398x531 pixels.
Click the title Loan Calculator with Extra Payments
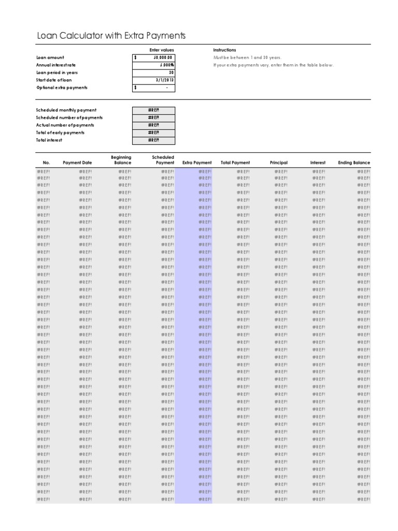click(110, 35)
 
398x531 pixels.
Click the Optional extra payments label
click(62, 88)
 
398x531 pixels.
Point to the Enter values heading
click(161, 50)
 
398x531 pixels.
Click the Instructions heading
click(224, 50)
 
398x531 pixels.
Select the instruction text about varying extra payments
click(274, 65)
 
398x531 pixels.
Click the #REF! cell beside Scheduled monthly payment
click(153, 110)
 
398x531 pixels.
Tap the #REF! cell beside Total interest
click(153, 140)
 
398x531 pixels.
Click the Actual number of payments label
click(65, 125)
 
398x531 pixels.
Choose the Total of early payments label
click(60, 133)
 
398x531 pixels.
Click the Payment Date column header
click(77, 163)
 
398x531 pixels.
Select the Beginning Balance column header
click(122, 160)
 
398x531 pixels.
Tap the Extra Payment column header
click(197, 163)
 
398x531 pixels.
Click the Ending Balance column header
click(354, 163)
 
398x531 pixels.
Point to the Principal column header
click(278, 163)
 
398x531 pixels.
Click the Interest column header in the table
click(318, 163)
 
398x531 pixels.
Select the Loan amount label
click(50, 58)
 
